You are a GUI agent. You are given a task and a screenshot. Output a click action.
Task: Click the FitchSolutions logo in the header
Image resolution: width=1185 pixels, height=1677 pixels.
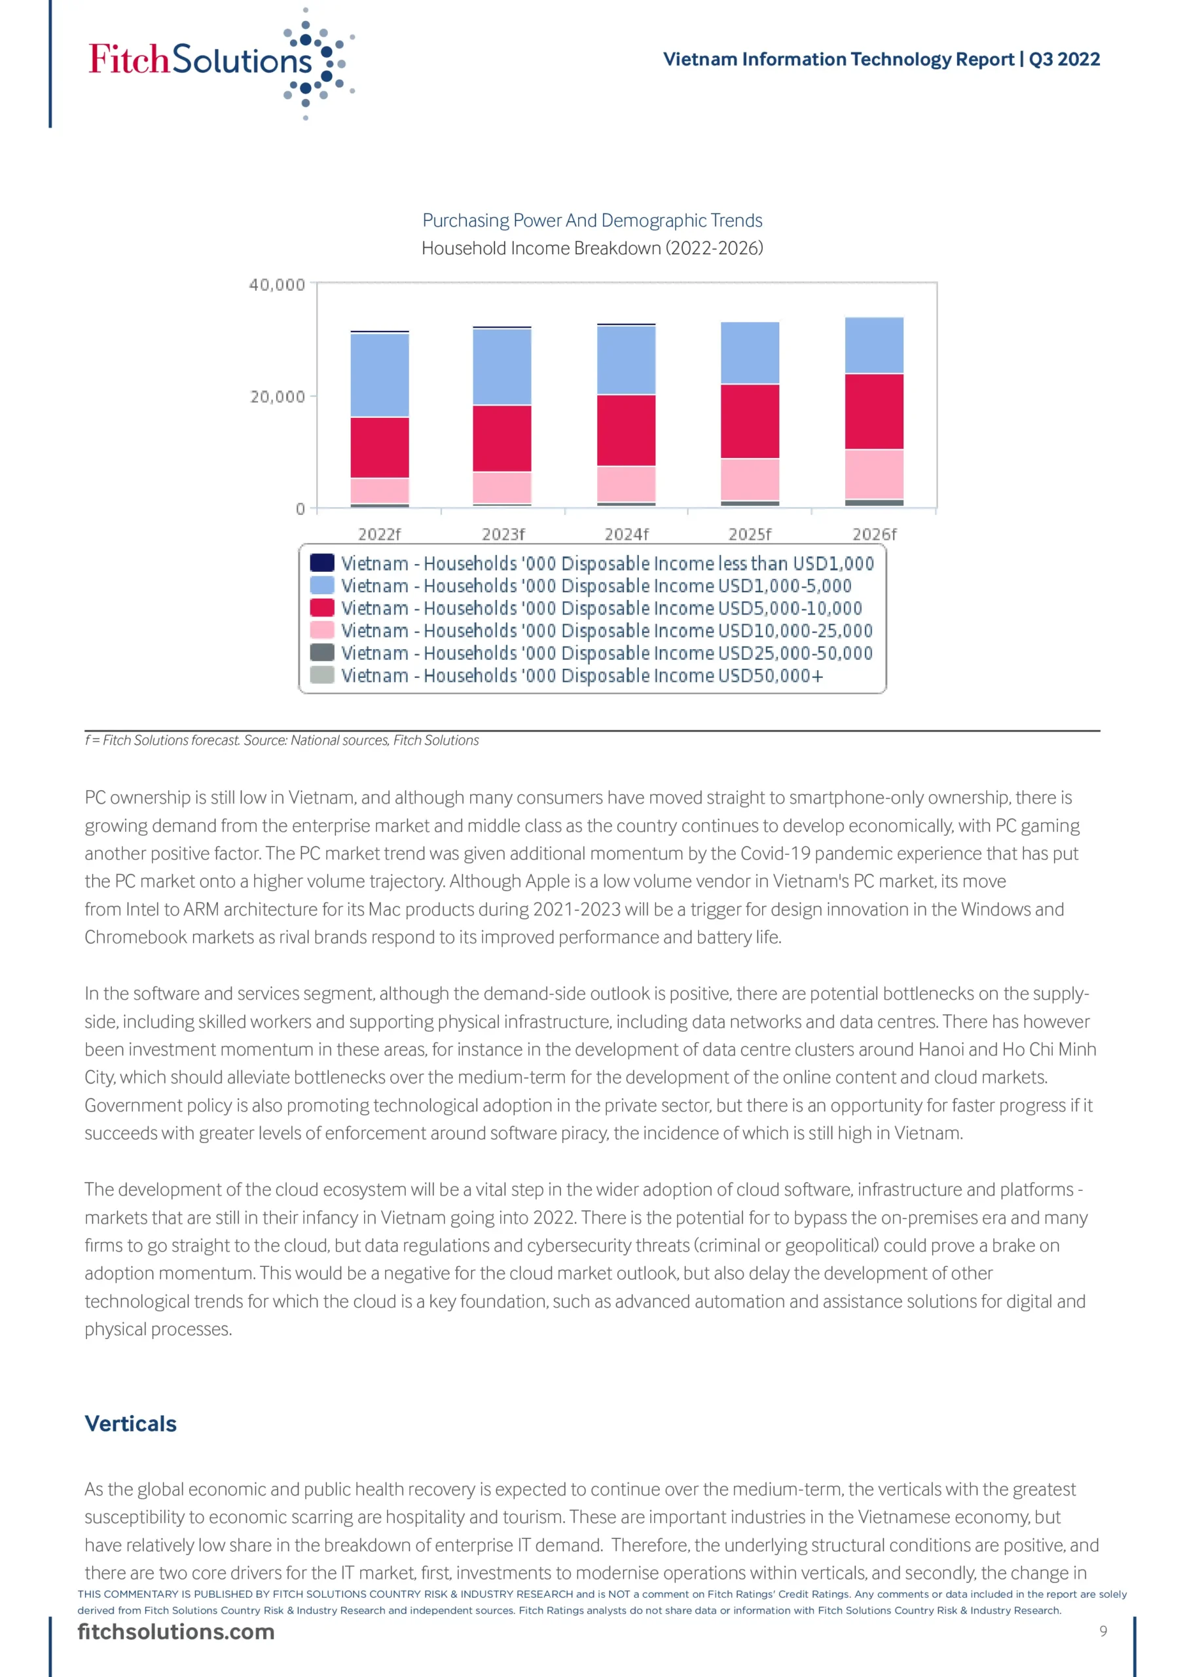(x=219, y=62)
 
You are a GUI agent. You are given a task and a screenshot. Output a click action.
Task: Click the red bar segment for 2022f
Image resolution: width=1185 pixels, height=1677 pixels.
(x=380, y=447)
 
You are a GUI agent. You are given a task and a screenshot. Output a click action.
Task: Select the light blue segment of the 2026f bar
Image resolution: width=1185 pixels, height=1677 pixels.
(x=874, y=345)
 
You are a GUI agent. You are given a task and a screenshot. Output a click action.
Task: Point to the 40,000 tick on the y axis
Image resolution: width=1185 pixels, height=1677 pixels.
(x=277, y=285)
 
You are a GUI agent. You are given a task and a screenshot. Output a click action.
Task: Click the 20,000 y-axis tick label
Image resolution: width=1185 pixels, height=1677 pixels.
(x=278, y=396)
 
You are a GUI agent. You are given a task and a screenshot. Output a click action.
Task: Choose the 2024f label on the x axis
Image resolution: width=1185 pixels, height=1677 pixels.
(x=627, y=534)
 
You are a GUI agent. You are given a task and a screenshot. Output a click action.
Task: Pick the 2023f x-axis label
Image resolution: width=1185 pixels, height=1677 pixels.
(x=503, y=534)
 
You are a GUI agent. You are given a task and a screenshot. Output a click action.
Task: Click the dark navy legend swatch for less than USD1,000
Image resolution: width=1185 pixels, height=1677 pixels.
(x=322, y=563)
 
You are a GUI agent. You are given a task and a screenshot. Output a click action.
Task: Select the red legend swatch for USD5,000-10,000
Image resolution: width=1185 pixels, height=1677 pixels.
(x=322, y=608)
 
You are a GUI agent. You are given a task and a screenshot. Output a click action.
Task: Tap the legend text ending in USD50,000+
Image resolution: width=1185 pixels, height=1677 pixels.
(x=582, y=675)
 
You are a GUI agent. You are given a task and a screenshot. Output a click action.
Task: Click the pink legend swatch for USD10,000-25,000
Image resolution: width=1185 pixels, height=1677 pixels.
(x=322, y=630)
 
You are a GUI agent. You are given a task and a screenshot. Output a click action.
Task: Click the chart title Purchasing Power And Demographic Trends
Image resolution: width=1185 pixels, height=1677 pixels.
(x=592, y=221)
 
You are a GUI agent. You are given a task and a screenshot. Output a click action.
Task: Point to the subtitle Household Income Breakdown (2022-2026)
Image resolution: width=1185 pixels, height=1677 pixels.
(x=592, y=248)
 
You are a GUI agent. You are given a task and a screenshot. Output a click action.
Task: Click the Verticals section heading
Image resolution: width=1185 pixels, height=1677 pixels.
(x=131, y=1423)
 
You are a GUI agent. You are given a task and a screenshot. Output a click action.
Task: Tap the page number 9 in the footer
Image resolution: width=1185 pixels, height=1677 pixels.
(x=1103, y=1631)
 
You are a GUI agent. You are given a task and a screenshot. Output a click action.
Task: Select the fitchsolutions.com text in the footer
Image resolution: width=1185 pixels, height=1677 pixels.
(x=176, y=1632)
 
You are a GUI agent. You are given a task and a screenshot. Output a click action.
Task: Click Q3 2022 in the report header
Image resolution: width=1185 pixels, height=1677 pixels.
(x=1064, y=59)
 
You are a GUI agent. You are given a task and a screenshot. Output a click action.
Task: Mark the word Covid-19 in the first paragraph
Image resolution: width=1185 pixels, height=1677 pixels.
(x=775, y=853)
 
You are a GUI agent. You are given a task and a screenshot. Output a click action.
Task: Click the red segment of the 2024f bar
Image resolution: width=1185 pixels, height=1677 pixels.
(x=627, y=430)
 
